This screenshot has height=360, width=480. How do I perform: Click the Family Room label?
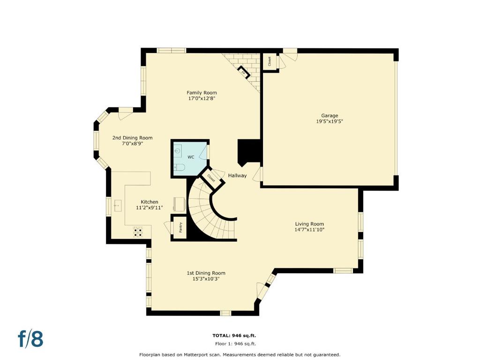point(202,93)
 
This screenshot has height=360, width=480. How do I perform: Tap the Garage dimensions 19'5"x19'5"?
point(330,121)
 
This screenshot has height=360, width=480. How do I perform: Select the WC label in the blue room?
point(191,157)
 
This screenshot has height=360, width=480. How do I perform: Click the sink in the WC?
point(178,150)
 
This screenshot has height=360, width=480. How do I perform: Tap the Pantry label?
point(180,227)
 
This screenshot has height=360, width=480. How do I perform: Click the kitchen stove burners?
point(138,232)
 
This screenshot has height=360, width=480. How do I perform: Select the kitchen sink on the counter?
point(118,206)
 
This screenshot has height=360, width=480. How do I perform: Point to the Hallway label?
point(237,175)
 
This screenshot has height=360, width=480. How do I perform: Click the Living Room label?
point(309,224)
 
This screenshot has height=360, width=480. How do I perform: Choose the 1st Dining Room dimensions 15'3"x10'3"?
point(206,279)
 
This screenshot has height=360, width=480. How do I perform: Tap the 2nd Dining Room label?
point(132,138)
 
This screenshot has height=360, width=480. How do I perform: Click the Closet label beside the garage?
point(270,61)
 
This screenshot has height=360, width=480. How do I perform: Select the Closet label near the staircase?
point(211,178)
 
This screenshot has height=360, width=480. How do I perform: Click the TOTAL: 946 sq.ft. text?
point(234,336)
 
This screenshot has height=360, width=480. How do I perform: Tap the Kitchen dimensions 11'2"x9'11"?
point(150,208)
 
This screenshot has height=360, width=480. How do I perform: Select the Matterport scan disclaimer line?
point(240,355)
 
